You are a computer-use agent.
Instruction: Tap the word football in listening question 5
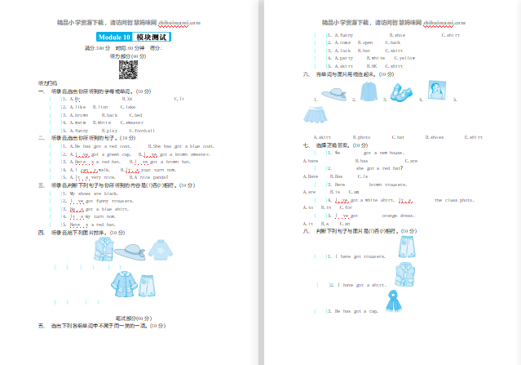tap(144, 131)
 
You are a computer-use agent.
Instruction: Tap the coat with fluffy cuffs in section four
tap(122, 283)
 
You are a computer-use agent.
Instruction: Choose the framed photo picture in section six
tap(435, 89)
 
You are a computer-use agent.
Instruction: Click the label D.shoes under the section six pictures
tap(434, 137)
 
